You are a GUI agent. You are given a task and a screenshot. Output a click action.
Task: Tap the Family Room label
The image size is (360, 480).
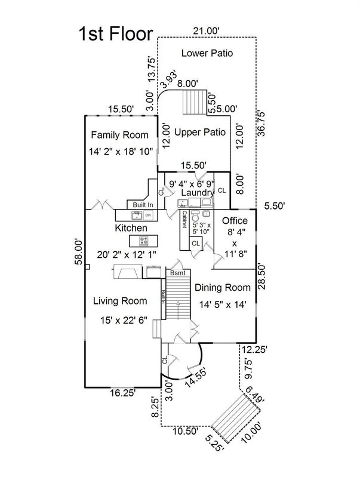(118, 135)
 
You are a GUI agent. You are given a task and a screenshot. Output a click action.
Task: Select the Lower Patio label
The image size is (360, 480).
(207, 53)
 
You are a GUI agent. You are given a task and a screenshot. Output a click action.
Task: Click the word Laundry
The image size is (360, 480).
(199, 193)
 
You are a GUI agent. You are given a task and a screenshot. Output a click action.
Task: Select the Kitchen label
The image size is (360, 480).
(131, 228)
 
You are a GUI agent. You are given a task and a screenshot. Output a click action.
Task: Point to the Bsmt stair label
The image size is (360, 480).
(177, 273)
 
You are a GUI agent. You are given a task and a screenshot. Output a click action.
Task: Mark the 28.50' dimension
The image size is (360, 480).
(261, 276)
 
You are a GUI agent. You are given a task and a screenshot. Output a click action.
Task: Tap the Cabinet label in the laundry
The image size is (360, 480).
(185, 220)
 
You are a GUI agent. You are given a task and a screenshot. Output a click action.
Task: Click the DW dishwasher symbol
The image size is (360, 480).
(147, 214)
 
